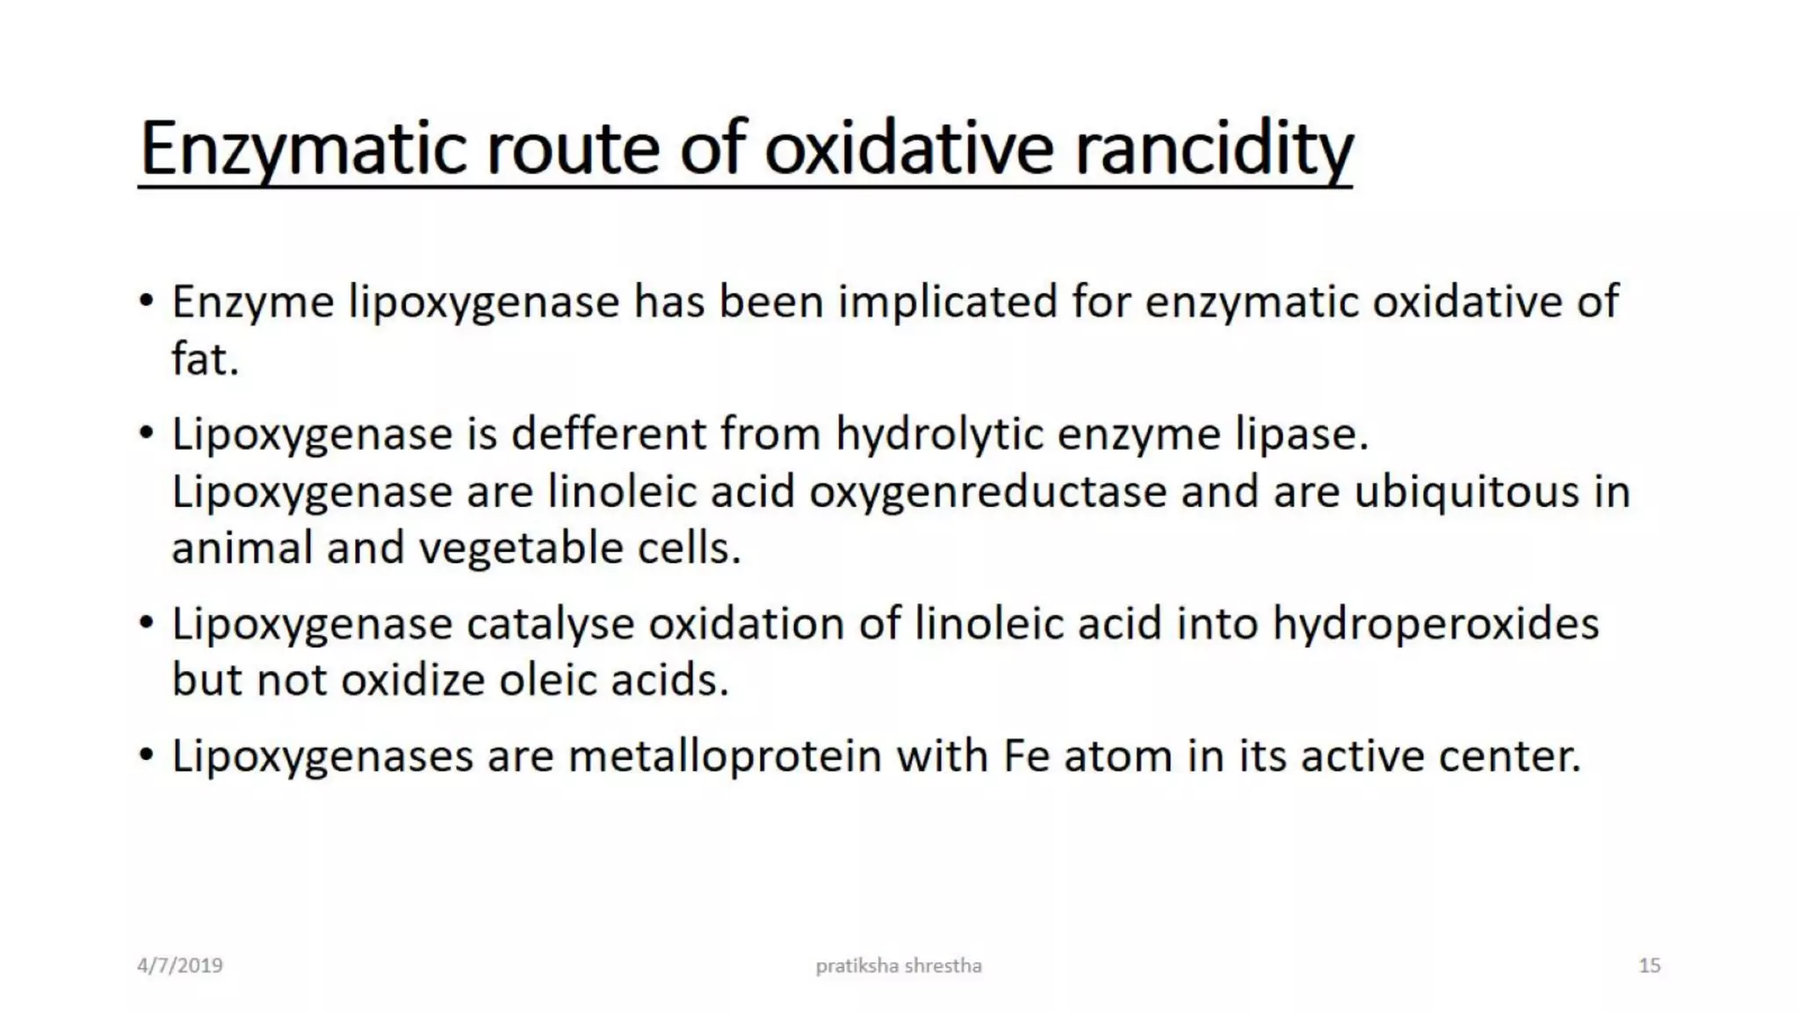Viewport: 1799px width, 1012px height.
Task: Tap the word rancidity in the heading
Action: pyautogui.click(x=1213, y=149)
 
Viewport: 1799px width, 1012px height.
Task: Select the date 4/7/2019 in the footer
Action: pyautogui.click(x=180, y=965)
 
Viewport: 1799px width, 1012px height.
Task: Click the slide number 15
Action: pyautogui.click(x=1649, y=965)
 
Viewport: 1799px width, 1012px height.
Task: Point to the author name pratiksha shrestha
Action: pyautogui.click(x=899, y=965)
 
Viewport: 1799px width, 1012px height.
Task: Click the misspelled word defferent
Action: pyautogui.click(x=609, y=434)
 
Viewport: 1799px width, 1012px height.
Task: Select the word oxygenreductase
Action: pyautogui.click(x=987, y=491)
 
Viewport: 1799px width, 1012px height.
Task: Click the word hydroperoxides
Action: pyautogui.click(x=1435, y=624)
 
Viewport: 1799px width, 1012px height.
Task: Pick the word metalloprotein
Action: pyautogui.click(x=725, y=756)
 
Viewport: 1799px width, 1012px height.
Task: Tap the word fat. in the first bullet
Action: pyautogui.click(x=205, y=359)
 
